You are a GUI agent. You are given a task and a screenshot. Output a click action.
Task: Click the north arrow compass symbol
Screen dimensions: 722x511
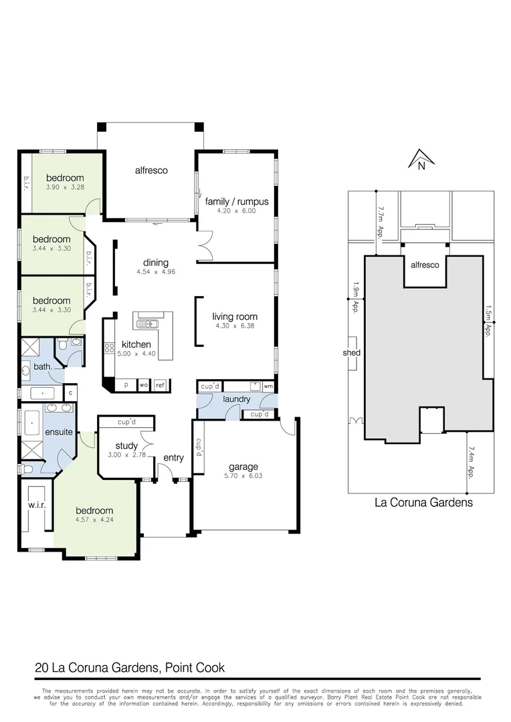[x=421, y=160]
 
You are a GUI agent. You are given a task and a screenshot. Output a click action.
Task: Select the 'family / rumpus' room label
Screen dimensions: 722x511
[x=237, y=201]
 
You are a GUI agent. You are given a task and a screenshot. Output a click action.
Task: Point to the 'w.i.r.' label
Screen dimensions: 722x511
[x=36, y=505]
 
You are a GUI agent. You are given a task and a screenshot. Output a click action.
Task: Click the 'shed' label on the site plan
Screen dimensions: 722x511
[x=351, y=353]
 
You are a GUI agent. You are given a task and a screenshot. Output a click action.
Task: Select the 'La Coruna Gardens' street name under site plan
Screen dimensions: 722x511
[x=423, y=503]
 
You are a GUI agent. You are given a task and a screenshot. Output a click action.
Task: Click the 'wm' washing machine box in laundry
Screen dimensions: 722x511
[x=268, y=386]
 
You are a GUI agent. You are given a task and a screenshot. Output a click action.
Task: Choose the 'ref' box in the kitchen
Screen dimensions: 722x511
[x=161, y=386]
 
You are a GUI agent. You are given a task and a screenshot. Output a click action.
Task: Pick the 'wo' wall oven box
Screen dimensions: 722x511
[x=143, y=386]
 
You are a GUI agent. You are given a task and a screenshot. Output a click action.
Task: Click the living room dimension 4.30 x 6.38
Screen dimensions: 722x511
[x=235, y=326]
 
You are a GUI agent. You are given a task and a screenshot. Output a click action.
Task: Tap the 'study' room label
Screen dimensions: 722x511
[x=126, y=446]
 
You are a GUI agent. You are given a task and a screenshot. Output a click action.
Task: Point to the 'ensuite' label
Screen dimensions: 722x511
[x=58, y=432]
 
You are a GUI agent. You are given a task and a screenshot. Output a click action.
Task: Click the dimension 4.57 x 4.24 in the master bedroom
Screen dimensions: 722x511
[x=94, y=519]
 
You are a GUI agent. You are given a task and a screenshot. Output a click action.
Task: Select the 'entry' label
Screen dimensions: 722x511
[x=173, y=458]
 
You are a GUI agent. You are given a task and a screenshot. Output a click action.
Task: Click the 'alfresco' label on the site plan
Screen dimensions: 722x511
[x=424, y=265]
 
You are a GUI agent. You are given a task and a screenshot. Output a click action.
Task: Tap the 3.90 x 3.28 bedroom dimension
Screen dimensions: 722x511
[x=65, y=187]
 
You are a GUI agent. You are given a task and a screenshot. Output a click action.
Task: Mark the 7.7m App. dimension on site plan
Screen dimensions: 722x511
[x=380, y=223]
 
